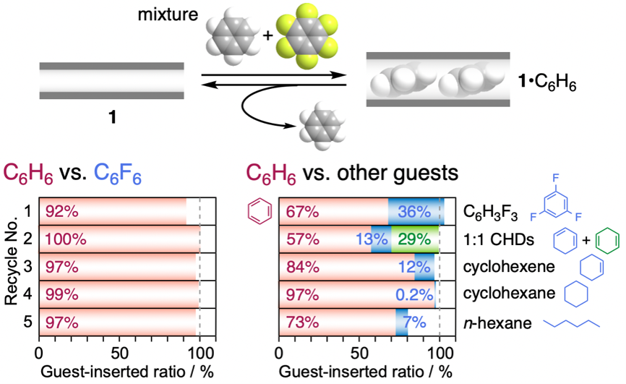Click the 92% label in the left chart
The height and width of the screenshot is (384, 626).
pyautogui.click(x=62, y=211)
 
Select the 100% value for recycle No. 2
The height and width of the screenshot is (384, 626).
pyautogui.click(x=66, y=239)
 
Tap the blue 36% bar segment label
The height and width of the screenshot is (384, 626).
pyautogui.click(x=414, y=211)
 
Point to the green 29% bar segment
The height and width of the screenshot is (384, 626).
pyautogui.click(x=415, y=239)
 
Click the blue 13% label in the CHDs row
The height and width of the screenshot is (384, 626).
pyautogui.click(x=372, y=239)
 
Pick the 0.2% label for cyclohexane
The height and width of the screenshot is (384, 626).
pyautogui.click(x=414, y=295)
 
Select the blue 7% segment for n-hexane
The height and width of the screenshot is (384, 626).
pyautogui.click(x=402, y=322)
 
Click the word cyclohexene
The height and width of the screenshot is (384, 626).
pyautogui.click(x=509, y=267)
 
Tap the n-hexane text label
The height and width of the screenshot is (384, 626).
pyautogui.click(x=497, y=323)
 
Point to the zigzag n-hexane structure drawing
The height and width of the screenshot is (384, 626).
pyautogui.click(x=571, y=323)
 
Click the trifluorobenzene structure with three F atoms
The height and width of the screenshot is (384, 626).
pyautogui.click(x=556, y=199)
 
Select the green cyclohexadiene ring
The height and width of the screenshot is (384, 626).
pyautogui.click(x=607, y=241)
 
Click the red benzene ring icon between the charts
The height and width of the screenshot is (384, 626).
pyautogui.click(x=260, y=211)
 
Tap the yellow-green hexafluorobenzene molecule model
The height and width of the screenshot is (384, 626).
pyautogui.click(x=306, y=36)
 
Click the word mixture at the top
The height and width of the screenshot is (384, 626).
pyautogui.click(x=168, y=14)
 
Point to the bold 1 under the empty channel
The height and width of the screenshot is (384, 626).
pyautogui.click(x=112, y=117)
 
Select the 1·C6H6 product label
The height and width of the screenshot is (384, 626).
pyautogui.click(x=547, y=82)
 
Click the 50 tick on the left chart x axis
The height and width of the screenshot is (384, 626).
pyautogui.click(x=120, y=353)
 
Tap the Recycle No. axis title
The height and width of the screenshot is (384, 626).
pyautogui.click(x=12, y=261)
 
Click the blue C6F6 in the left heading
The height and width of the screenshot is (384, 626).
pyautogui.click(x=118, y=174)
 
